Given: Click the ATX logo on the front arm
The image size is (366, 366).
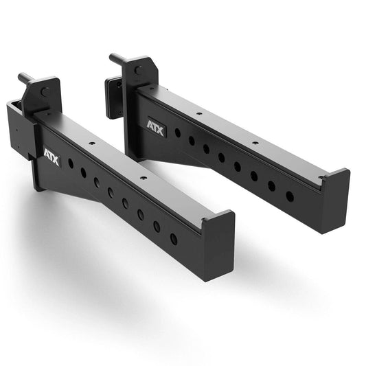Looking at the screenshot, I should point(52,158).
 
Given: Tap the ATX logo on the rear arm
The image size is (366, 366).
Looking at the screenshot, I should point(155,128).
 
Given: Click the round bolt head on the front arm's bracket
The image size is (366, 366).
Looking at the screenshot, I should point(45,91).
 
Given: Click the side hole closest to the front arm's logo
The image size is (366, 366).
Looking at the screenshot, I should point(71,163).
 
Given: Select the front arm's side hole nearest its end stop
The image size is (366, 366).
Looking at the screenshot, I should point(173,239).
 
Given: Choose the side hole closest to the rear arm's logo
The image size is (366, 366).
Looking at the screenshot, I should point(177,133).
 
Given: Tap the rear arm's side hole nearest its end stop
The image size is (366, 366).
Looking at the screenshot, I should point(289,196).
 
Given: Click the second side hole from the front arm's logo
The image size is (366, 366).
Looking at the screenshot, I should point(84,173).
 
